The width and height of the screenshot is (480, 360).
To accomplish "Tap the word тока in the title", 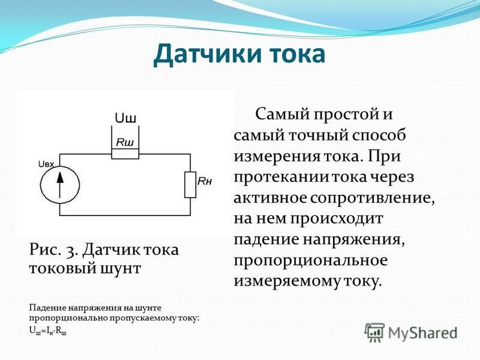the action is pos(298,55).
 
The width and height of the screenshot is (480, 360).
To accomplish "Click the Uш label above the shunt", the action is pos(125,118).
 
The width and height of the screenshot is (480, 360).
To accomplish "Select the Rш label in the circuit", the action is pos(125,142).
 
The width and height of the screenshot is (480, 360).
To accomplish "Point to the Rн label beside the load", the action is pos(205,181).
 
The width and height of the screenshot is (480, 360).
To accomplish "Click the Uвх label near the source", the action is pos(46,164).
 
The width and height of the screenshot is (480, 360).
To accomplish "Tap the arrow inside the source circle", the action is pos(60,185).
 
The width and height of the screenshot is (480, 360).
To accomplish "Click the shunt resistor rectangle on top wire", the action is pos(125,154).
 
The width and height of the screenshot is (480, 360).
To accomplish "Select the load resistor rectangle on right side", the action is pos(190,185).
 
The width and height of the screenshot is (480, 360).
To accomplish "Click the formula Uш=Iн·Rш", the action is pos(48,331).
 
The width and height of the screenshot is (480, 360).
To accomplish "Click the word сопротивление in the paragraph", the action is pos(373,198).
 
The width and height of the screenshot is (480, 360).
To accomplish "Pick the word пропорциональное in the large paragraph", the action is pos(311,261).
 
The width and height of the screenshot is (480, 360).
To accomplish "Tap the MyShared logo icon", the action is pos(374,332).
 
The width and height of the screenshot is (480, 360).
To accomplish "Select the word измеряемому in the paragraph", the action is pos(287,281).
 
